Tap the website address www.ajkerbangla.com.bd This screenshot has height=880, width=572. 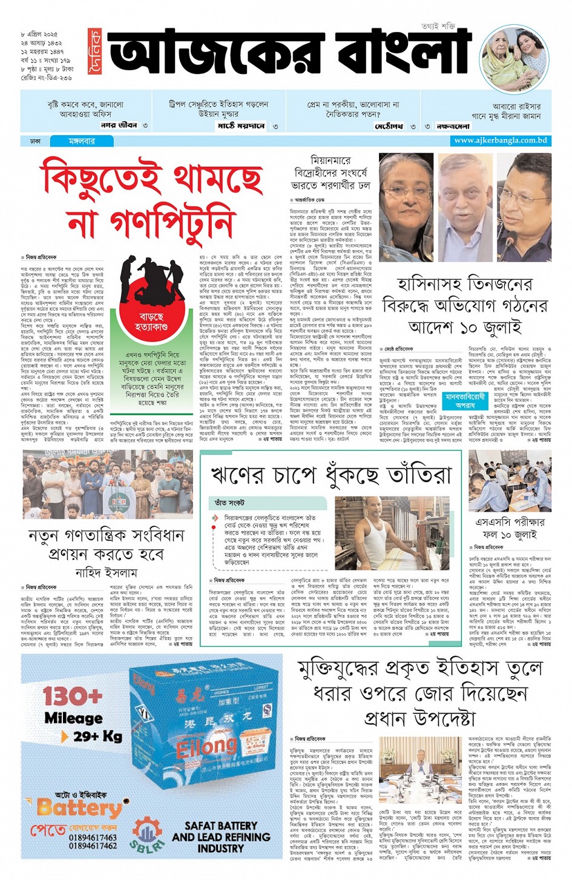coord(500,141)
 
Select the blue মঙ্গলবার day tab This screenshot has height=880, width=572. coord(81,141)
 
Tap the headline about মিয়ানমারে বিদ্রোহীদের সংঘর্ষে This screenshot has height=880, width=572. coord(330,172)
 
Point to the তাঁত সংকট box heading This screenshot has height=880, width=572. coord(229,503)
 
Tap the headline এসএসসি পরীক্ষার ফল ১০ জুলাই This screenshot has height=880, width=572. coord(510,528)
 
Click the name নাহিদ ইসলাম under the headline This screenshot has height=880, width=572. coord(106,572)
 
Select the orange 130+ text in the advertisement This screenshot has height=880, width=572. coord(72,696)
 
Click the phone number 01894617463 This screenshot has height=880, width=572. coord(93,838)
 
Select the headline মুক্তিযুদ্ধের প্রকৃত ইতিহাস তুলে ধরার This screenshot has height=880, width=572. coord(420,693)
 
